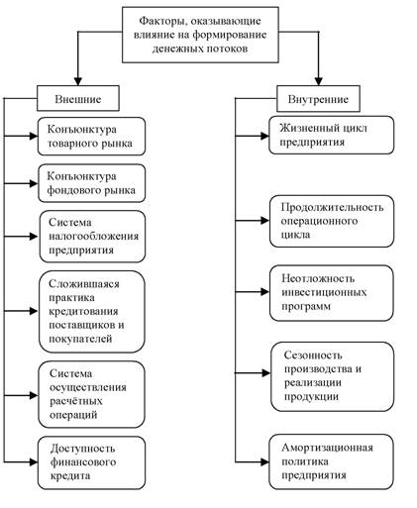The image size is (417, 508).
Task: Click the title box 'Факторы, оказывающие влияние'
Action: click(200, 35)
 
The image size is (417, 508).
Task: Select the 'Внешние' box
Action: click(78, 98)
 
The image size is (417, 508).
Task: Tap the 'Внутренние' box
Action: click(318, 99)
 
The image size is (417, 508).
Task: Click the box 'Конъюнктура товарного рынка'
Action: click(91, 137)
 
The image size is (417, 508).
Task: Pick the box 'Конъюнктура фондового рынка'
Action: click(91, 183)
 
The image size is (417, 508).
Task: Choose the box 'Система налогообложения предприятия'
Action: click(92, 237)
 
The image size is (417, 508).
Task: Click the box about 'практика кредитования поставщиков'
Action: click(92, 312)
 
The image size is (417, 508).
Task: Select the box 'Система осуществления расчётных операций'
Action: click(91, 394)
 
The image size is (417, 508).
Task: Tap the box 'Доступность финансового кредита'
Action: click(91, 462)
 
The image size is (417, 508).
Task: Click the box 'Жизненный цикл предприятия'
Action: click(331, 135)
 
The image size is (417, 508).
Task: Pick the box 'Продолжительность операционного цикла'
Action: click(332, 221)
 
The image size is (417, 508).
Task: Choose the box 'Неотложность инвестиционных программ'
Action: click(332, 293)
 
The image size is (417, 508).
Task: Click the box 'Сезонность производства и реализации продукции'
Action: click(333, 376)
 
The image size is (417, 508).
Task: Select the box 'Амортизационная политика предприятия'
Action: click(331, 461)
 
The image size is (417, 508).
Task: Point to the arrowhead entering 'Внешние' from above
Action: click(78, 81)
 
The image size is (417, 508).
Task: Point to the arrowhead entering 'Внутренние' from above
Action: click(318, 81)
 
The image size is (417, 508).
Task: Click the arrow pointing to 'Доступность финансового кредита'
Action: click(21, 462)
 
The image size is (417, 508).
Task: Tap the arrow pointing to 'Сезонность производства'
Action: click(253, 373)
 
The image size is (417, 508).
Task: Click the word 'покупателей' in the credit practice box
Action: click(80, 339)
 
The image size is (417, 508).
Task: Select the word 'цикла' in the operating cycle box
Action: click(295, 235)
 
